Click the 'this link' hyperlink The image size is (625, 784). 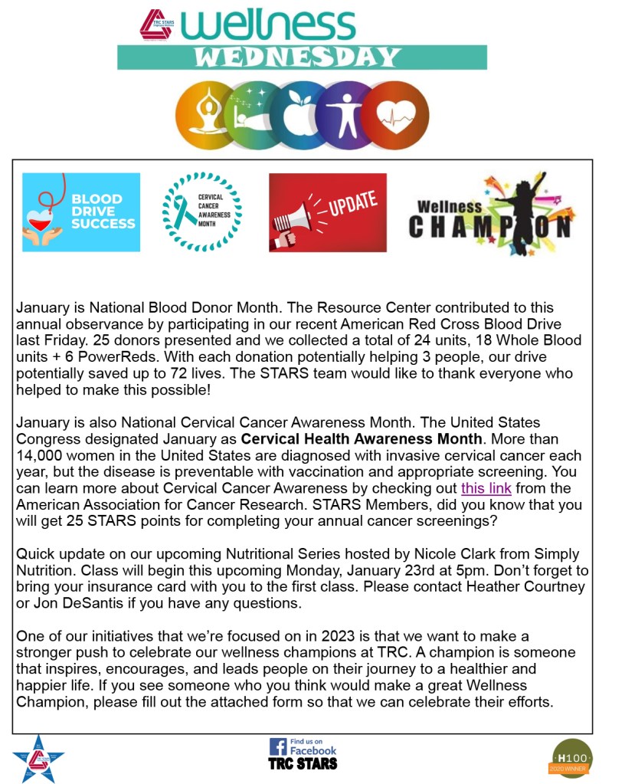[x=486, y=488]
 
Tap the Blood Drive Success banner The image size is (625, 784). [x=81, y=212]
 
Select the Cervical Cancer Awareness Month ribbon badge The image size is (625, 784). [x=202, y=212]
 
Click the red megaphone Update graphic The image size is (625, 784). [x=328, y=212]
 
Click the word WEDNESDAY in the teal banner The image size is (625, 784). [x=297, y=57]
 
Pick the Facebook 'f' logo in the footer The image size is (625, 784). [x=277, y=746]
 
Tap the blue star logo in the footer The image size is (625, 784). [x=38, y=757]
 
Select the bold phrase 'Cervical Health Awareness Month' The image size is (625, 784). [x=362, y=440]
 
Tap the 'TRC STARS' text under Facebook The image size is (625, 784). [x=303, y=763]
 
